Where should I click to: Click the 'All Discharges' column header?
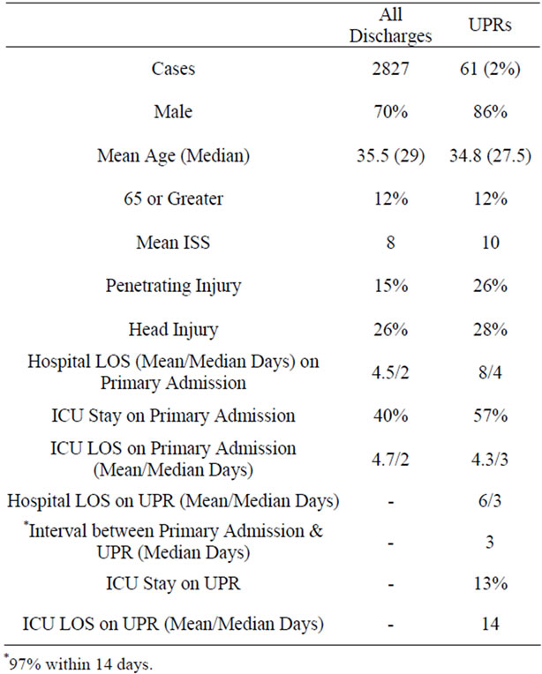390,26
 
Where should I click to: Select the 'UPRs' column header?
490,25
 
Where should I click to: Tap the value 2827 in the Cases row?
390,69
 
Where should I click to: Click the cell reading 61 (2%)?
490,69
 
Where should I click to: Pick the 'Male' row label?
173,112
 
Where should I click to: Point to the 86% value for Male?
490,112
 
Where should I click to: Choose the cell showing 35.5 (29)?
390,155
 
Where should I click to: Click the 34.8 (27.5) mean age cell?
490,155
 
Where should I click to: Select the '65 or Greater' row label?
173,198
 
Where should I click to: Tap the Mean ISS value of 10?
491,243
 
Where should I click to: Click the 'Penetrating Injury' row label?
173,287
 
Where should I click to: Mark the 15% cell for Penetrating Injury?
390,286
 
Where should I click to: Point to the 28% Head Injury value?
490,329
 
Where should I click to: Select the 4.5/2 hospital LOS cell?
390,372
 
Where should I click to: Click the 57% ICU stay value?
490,416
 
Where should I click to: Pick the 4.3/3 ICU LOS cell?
490,460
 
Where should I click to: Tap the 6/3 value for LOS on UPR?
490,501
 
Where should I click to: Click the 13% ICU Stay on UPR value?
491,584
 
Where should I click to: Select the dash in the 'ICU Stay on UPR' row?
390,585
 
